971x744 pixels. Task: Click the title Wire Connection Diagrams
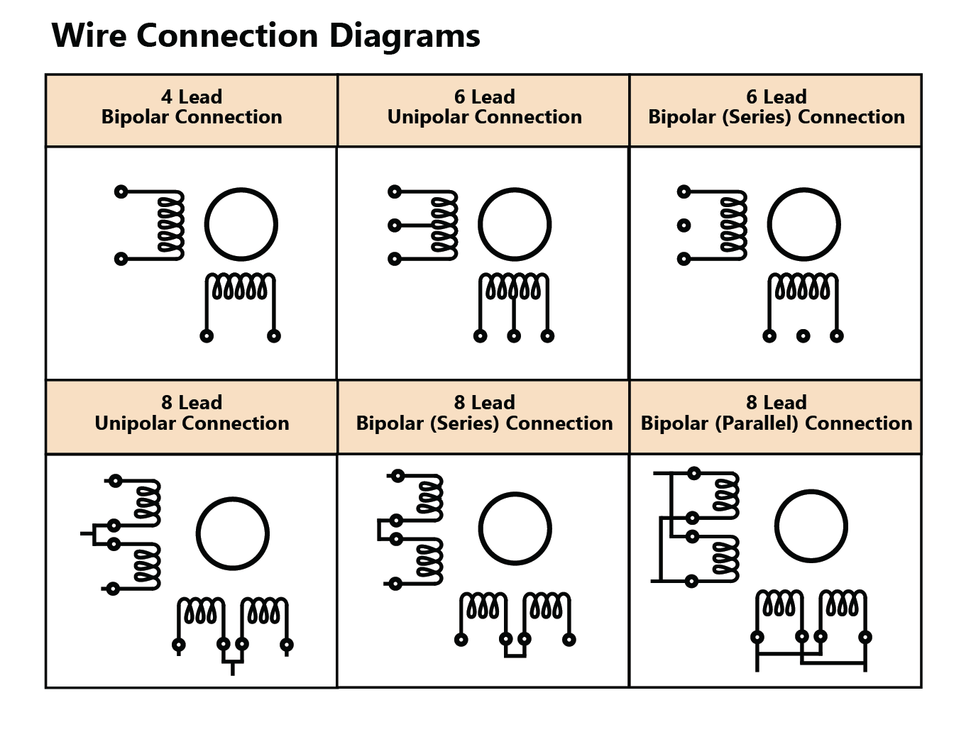265,35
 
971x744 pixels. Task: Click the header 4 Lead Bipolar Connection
192,107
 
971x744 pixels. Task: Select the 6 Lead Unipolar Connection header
484,107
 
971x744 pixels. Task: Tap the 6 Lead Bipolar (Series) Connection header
776,107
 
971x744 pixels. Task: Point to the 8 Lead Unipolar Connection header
192,413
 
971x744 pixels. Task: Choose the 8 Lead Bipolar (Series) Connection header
484,413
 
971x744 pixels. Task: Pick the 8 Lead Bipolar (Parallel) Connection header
776,413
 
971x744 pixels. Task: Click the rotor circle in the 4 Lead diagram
241,225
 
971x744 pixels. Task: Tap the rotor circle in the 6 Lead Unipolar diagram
515,225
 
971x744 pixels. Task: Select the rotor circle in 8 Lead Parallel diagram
811,527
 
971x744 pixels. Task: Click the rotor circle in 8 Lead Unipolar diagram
232,534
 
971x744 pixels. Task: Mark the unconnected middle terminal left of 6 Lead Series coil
684,226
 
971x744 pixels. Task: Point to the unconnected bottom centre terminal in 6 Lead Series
803,336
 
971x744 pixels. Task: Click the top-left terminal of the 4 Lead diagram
121,191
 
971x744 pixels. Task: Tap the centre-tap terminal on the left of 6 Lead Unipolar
395,226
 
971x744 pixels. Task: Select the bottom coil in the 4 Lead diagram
240,287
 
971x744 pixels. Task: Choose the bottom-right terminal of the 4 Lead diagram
274,336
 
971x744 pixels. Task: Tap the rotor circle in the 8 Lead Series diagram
515,528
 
